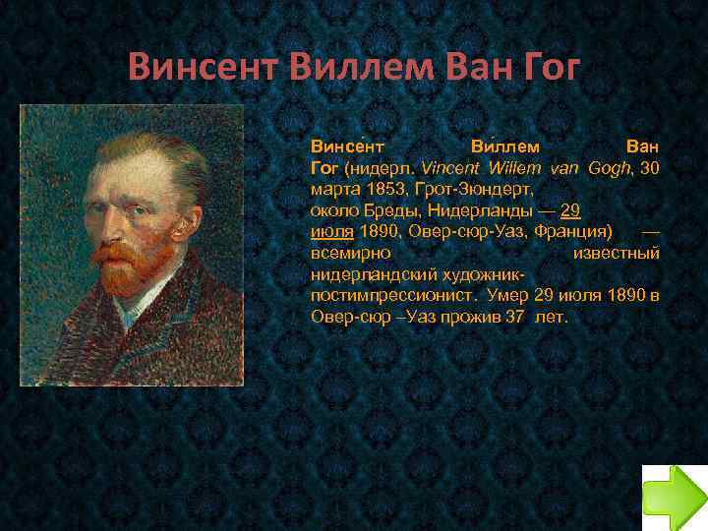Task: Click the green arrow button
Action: click(675, 497)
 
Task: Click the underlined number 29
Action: click(569, 209)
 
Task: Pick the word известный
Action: click(616, 253)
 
